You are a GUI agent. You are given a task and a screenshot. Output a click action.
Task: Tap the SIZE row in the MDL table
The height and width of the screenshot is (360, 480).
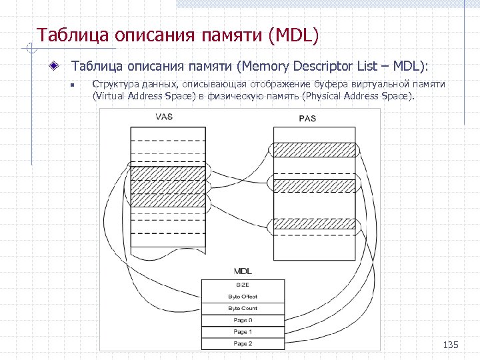pos(243,285)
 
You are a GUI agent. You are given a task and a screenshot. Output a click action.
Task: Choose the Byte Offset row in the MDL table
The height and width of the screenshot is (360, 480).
pos(243,296)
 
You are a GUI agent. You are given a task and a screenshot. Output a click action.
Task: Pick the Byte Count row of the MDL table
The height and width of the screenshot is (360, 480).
pos(243,308)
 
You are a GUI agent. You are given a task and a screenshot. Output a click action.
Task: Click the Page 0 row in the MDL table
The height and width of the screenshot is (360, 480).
pos(243,320)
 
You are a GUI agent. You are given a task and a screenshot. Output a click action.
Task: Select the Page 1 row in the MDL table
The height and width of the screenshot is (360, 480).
pos(243,331)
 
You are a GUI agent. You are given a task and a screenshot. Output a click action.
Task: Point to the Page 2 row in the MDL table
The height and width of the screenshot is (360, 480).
pos(243,343)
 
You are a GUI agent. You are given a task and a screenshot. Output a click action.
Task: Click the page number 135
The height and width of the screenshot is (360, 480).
pos(451,345)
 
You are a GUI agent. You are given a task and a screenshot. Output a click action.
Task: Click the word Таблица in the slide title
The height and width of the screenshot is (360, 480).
pos(64,34)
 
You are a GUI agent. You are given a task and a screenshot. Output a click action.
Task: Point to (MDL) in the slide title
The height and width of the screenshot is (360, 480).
pos(293,34)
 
